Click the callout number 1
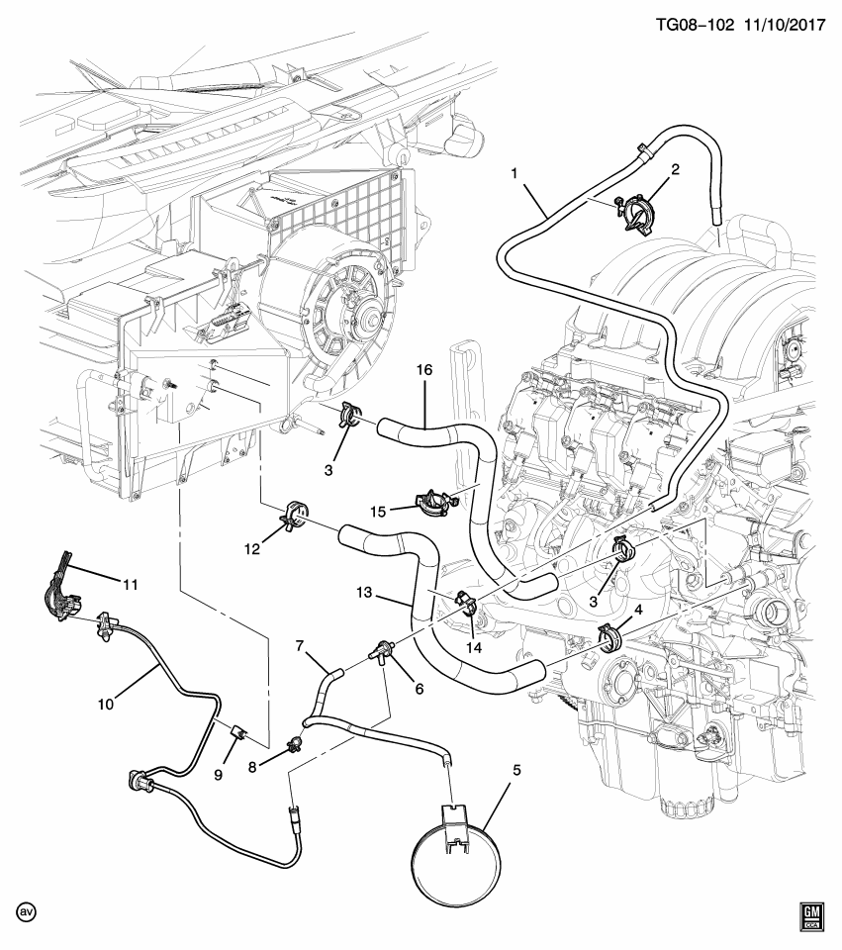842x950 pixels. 515,172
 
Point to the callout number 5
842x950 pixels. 516,769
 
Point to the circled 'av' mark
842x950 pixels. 26,910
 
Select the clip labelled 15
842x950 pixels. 433,501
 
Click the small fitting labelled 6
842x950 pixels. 379,652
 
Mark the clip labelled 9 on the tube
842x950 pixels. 237,733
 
